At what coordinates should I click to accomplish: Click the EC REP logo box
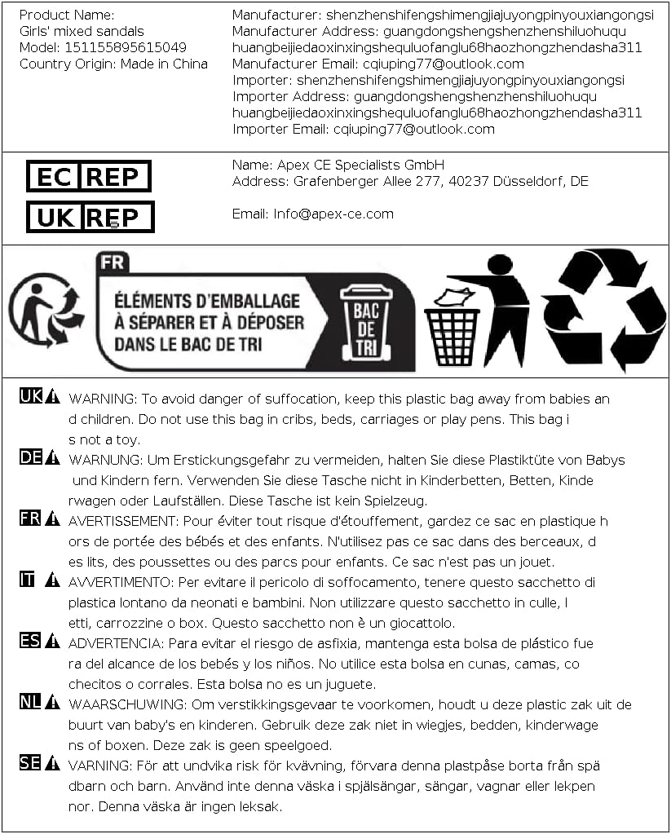[x=89, y=176]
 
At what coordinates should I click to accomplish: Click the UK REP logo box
[x=90, y=217]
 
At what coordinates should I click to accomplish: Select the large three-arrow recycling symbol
[x=604, y=310]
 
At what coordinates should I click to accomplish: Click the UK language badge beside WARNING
[x=30, y=396]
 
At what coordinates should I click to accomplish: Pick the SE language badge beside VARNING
[x=30, y=763]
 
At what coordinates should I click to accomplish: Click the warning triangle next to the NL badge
[x=53, y=702]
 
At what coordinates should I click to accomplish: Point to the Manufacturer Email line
[x=377, y=64]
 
